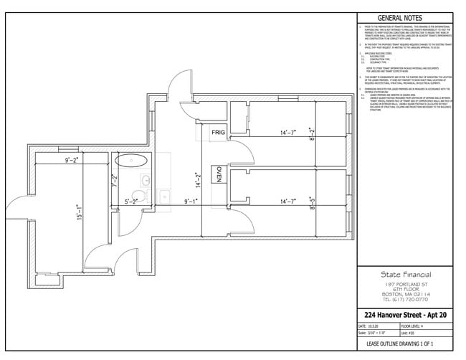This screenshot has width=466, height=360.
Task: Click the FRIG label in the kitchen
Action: (x=218, y=133)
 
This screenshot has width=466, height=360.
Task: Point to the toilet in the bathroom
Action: (x=141, y=194)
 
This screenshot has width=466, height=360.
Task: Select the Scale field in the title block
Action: (x=373, y=333)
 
